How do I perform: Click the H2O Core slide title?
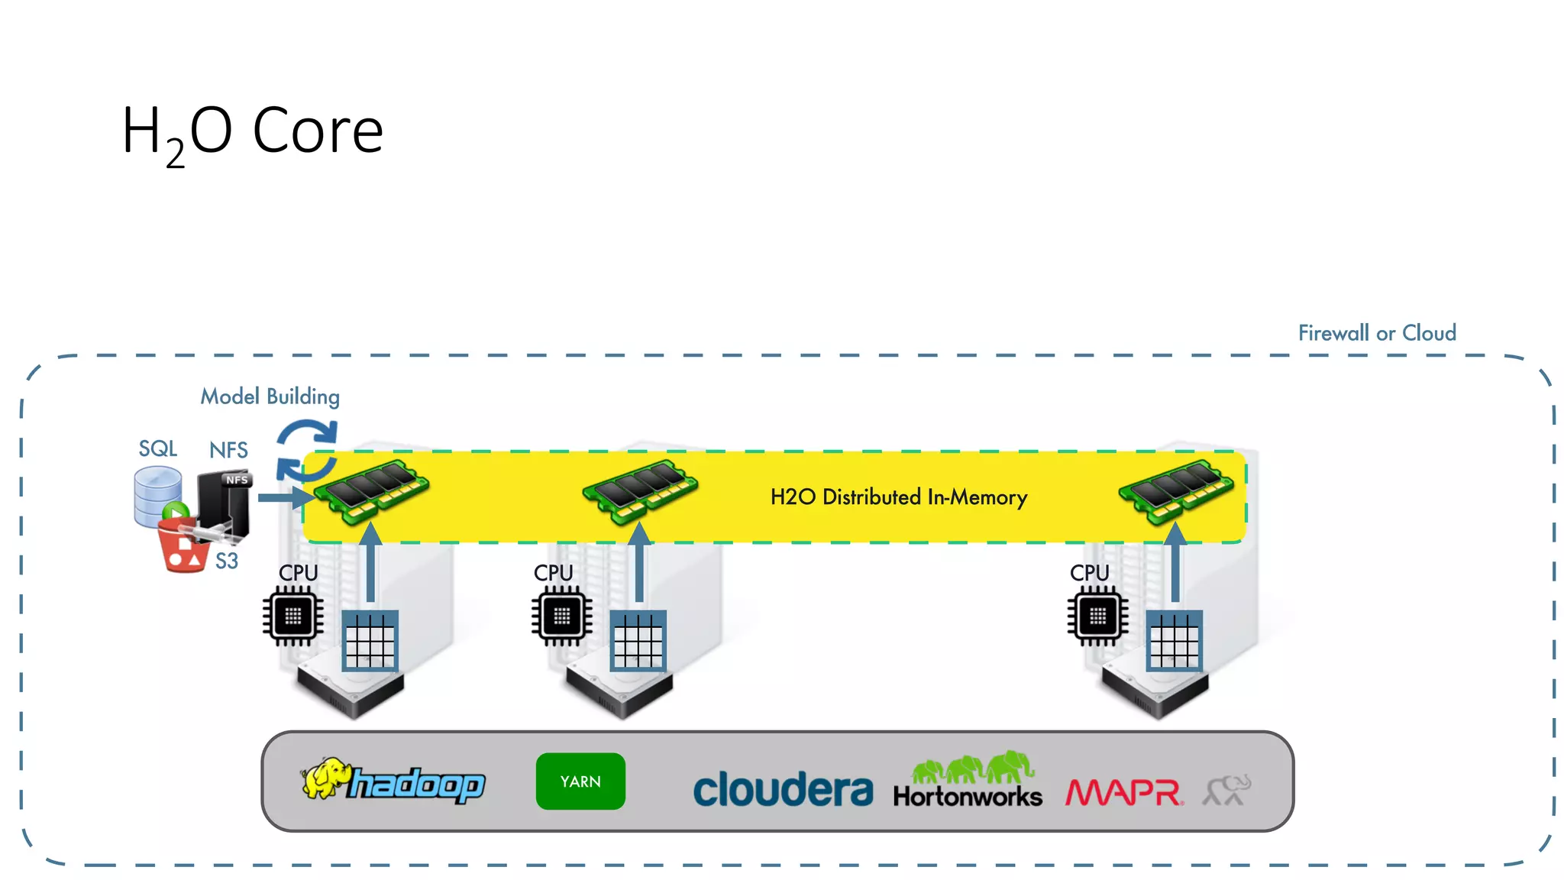pos(252,131)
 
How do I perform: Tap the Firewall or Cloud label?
pos(1376,333)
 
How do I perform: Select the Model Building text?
pos(270,396)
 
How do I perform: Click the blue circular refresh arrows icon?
pos(306,450)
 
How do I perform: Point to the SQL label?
pos(157,448)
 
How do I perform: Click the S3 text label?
pos(226,561)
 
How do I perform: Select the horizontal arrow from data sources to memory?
pos(284,497)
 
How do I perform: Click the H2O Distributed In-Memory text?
pos(898,497)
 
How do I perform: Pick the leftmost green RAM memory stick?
pos(372,490)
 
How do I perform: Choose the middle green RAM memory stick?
pos(640,490)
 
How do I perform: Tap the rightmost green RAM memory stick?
pos(1176,490)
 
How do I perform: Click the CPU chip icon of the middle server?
pos(561,616)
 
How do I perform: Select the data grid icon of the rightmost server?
pos(1175,641)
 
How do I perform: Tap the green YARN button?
pos(580,781)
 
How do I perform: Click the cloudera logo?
pos(782,790)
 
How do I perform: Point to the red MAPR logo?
pos(1124,792)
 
